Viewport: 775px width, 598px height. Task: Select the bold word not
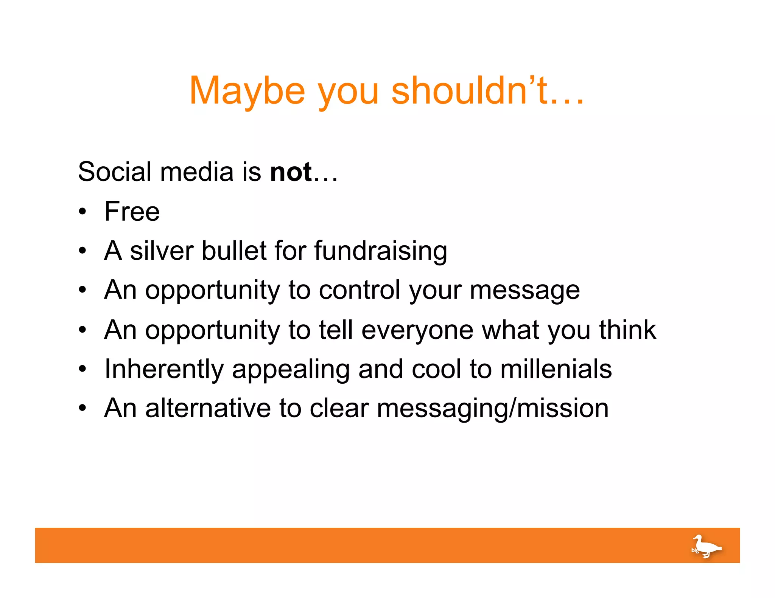click(291, 172)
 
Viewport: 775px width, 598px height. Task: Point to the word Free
click(132, 211)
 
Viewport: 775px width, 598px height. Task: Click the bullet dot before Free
click(82, 212)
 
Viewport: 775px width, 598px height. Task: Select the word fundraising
click(380, 251)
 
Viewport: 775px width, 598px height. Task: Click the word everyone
click(417, 330)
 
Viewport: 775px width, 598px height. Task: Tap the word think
click(627, 330)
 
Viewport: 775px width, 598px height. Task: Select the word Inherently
click(164, 369)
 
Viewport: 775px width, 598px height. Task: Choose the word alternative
click(208, 408)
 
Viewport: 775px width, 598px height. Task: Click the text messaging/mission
click(492, 409)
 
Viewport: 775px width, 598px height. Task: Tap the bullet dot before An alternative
click(82, 408)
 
